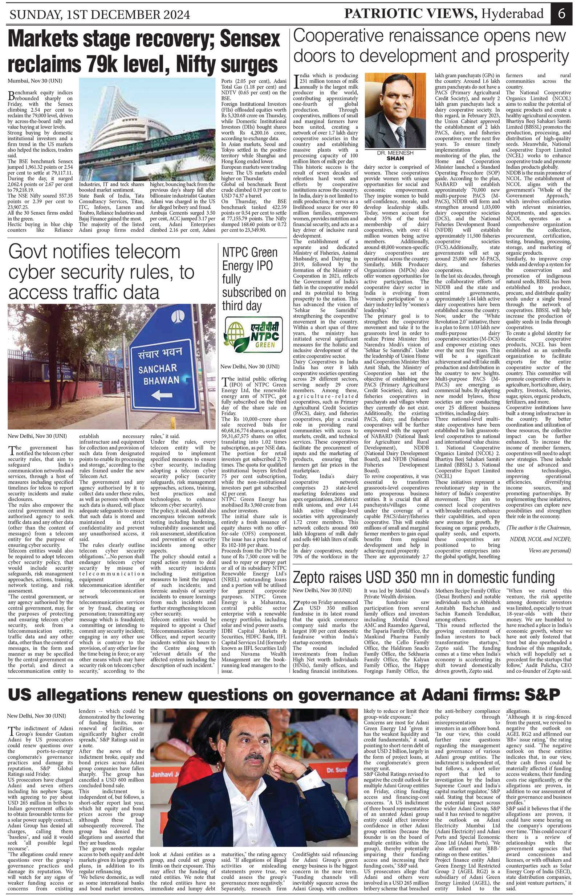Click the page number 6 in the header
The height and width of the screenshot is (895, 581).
(x=562, y=14)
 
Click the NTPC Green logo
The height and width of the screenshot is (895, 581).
(x=253, y=334)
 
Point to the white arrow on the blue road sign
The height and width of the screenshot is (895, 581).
(x=162, y=395)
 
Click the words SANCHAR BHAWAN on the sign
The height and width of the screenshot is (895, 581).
(x=159, y=374)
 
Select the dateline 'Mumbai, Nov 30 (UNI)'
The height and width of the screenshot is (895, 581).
(x=35, y=81)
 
